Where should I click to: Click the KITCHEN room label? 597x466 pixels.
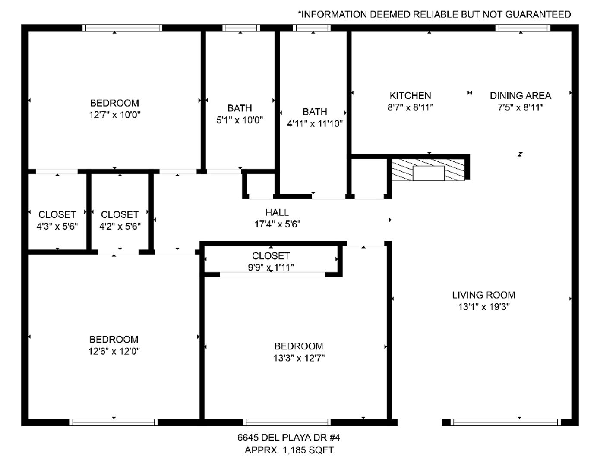(x=410, y=95)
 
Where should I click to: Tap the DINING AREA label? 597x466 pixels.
(x=520, y=95)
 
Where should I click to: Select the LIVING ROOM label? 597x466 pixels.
(x=483, y=295)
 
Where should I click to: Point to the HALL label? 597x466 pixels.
(x=277, y=212)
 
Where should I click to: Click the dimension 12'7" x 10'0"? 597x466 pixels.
(x=114, y=114)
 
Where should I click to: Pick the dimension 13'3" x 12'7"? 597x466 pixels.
(x=299, y=358)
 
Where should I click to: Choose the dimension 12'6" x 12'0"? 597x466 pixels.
(x=114, y=351)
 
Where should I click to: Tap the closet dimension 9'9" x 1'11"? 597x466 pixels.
(x=271, y=267)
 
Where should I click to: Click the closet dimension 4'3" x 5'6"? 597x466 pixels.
(x=57, y=226)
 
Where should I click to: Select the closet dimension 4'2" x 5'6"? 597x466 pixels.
(x=120, y=226)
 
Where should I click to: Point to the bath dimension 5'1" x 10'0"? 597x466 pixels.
(x=240, y=120)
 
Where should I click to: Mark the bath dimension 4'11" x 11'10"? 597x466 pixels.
(x=315, y=123)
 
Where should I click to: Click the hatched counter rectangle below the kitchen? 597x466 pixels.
(x=428, y=170)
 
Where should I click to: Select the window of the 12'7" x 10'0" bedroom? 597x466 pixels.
(x=122, y=28)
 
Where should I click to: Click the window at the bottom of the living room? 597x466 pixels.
(x=505, y=422)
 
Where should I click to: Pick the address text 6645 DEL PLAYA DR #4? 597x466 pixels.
(x=289, y=438)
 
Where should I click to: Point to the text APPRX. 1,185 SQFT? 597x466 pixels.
(x=290, y=450)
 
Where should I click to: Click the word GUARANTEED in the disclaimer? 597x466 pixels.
(x=538, y=14)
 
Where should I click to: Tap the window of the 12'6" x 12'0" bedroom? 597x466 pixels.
(x=114, y=422)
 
